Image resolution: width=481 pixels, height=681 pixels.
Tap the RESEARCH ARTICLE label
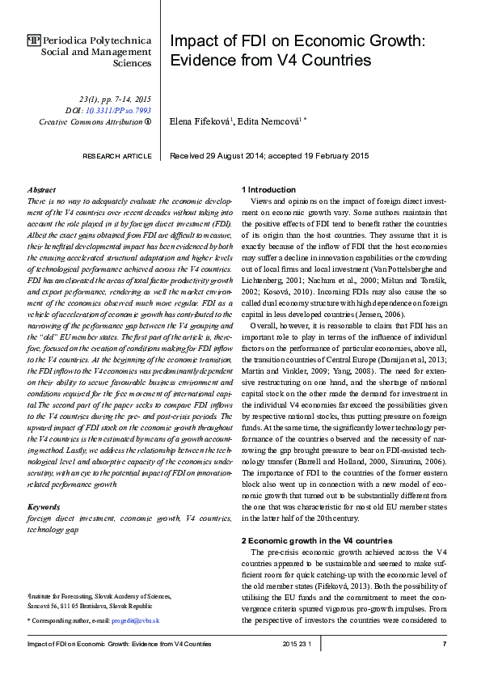click(x=117, y=155)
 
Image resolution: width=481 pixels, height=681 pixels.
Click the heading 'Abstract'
click(x=41, y=188)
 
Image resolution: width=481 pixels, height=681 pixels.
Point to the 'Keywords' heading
click(x=44, y=507)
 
